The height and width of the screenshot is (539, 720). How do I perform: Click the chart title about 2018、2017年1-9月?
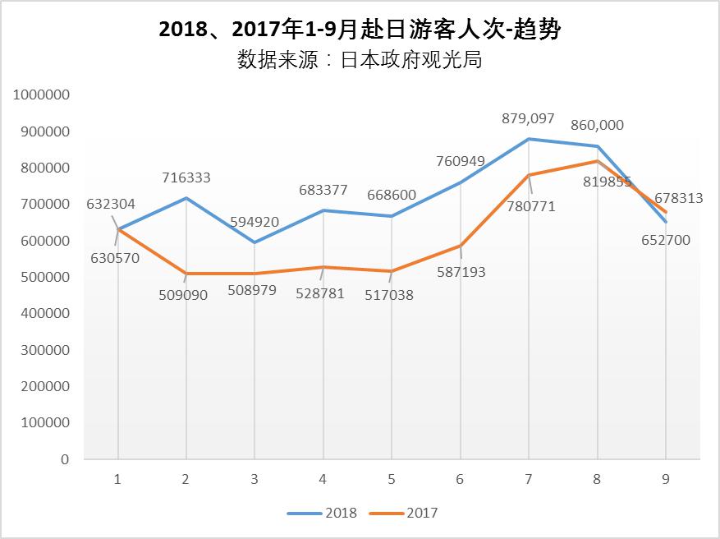pos(360,30)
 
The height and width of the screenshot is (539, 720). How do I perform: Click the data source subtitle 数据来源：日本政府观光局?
pos(360,61)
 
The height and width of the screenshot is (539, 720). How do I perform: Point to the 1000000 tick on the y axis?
pos(41,95)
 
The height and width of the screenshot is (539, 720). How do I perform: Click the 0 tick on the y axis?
pos(64,459)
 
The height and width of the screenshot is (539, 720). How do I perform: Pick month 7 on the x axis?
pos(528,479)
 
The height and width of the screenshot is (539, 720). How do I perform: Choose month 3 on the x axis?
pos(255,479)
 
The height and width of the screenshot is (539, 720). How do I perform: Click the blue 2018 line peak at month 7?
pos(529,139)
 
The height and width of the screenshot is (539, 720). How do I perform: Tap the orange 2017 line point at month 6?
pos(461,246)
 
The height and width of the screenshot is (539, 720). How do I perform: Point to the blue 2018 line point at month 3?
pos(255,242)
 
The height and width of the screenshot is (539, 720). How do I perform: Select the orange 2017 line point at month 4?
pos(323,267)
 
